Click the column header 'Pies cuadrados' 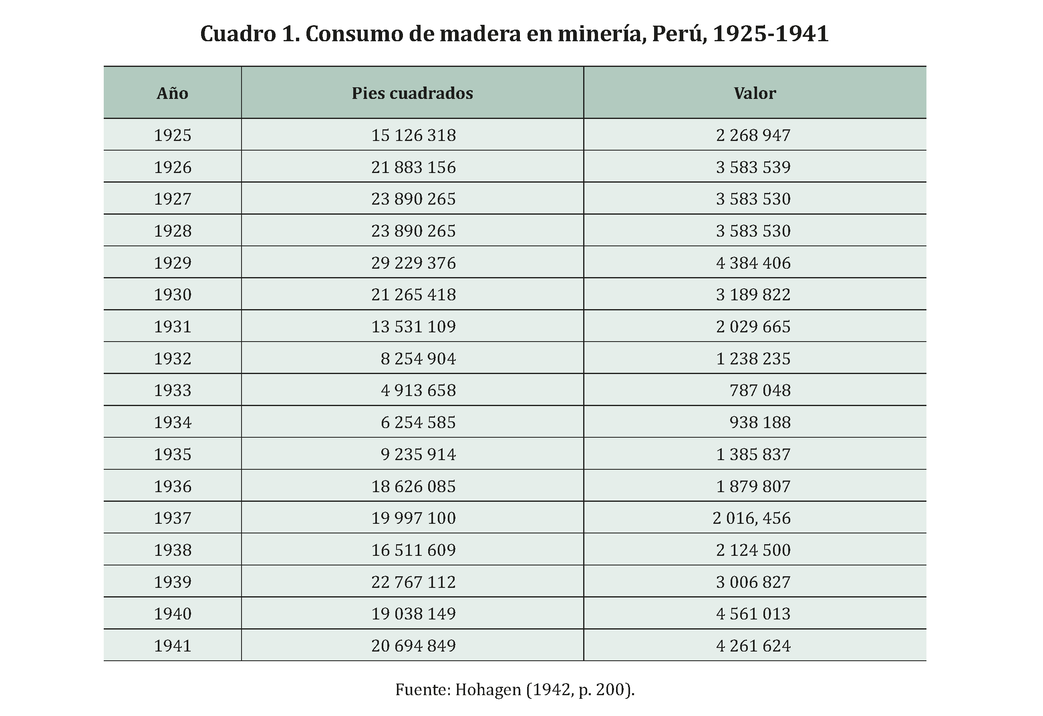[x=412, y=93]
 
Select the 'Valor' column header [x=755, y=93]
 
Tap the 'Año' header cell [x=172, y=93]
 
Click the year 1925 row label [x=172, y=135]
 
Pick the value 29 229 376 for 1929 [x=413, y=263]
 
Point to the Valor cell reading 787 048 [x=759, y=390]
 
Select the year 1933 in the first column [x=172, y=390]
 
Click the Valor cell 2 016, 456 [x=751, y=518]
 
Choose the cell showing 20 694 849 [x=413, y=646]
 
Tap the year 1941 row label [x=172, y=646]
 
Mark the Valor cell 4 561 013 [x=753, y=613]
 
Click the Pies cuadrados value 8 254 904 [x=418, y=358]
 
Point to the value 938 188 [x=759, y=422]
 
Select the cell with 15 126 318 [x=413, y=135]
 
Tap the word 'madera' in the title [x=480, y=34]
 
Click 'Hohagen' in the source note [x=488, y=689]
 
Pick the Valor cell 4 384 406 [x=753, y=263]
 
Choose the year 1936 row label [x=172, y=486]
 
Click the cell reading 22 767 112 [x=413, y=582]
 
